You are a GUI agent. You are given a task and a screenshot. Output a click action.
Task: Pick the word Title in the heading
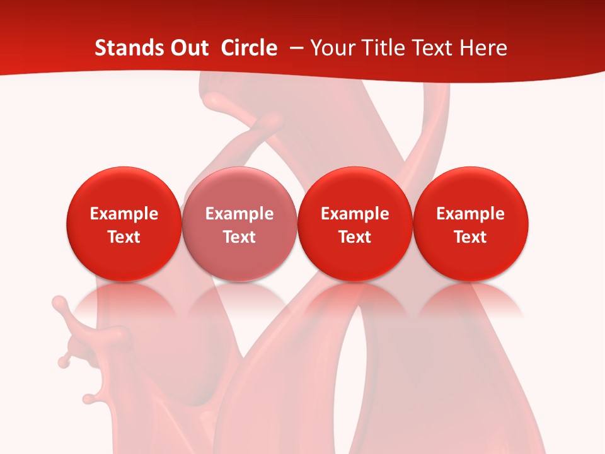(x=384, y=48)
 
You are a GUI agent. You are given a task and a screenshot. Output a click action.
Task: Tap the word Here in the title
(x=483, y=48)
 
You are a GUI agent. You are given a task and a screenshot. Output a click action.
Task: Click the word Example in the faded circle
(x=239, y=214)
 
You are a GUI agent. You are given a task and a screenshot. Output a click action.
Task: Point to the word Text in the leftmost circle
(x=124, y=237)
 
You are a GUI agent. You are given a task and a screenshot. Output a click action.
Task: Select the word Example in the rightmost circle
(x=471, y=214)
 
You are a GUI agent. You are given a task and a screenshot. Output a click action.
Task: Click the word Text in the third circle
(x=355, y=237)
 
